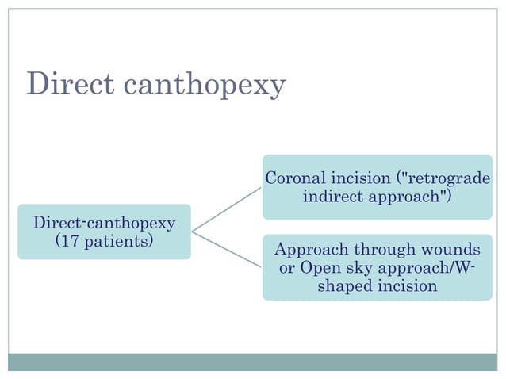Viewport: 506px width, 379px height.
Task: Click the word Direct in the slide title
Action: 65,83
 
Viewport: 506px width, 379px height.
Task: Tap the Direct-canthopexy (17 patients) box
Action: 104,231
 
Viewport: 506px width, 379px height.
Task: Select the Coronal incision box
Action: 377,186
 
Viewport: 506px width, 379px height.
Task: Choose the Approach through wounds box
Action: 377,268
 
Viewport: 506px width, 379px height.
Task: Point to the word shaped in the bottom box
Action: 345,286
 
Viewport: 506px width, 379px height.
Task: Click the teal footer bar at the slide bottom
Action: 253,362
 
